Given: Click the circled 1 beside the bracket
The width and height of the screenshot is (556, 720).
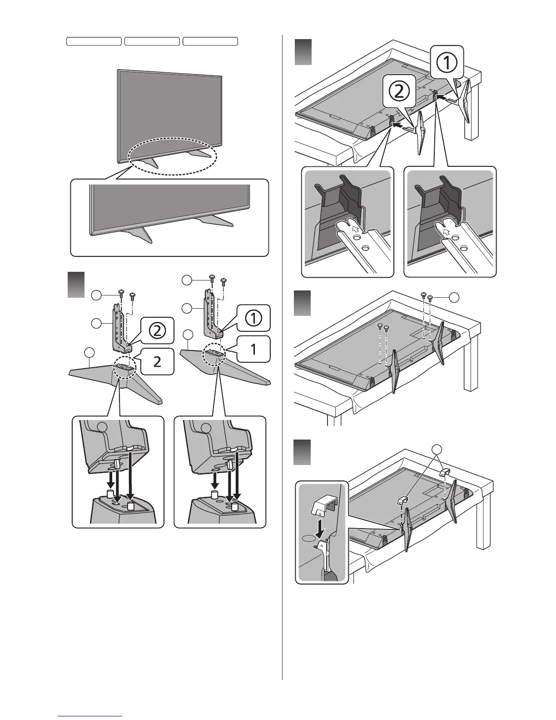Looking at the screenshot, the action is [252, 318].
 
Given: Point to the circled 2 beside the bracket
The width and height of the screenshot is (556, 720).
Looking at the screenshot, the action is [157, 330].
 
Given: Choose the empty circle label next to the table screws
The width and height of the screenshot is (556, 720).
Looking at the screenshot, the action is [454, 298].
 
